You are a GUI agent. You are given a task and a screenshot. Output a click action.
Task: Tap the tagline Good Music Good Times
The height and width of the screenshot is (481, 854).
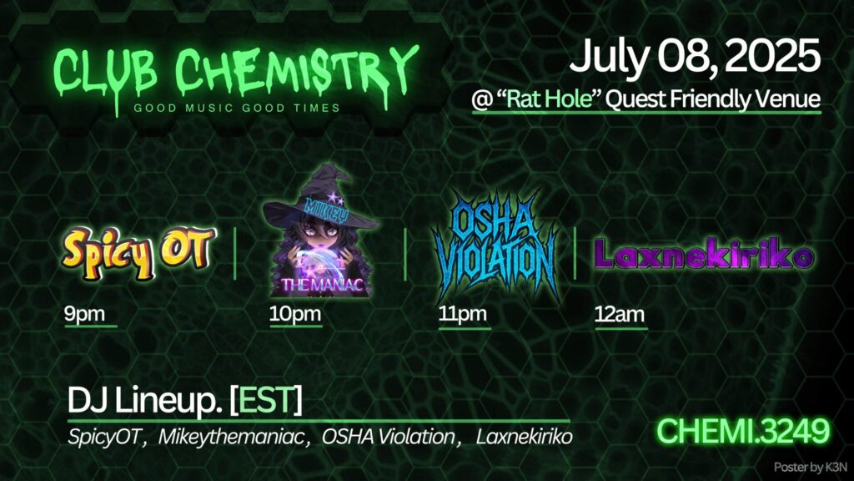tap(237, 108)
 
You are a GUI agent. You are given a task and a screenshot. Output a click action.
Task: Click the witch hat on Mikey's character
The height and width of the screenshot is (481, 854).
tap(320, 202)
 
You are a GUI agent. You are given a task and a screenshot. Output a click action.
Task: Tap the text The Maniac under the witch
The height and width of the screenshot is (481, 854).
tap(321, 285)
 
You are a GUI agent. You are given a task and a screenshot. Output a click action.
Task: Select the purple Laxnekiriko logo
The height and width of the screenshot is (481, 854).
tap(704, 256)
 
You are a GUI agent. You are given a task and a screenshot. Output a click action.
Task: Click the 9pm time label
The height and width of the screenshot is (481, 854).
tap(84, 314)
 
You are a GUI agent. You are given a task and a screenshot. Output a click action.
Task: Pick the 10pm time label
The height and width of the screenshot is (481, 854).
tap(295, 314)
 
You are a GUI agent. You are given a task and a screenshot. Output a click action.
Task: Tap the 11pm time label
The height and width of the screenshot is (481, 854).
tap(463, 314)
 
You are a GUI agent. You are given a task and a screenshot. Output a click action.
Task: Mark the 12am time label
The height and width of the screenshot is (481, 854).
tap(620, 314)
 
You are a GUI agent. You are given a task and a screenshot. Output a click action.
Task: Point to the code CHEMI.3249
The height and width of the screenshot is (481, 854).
tap(743, 432)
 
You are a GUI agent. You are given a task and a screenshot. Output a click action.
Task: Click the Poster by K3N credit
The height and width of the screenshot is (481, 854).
tap(811, 468)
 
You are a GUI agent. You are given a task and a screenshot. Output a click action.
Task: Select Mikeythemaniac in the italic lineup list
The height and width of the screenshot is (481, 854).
tap(231, 438)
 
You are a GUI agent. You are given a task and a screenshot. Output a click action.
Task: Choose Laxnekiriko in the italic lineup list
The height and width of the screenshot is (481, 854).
tap(524, 437)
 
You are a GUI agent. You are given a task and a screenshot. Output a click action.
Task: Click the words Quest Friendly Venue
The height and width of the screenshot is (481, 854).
tap(713, 99)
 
